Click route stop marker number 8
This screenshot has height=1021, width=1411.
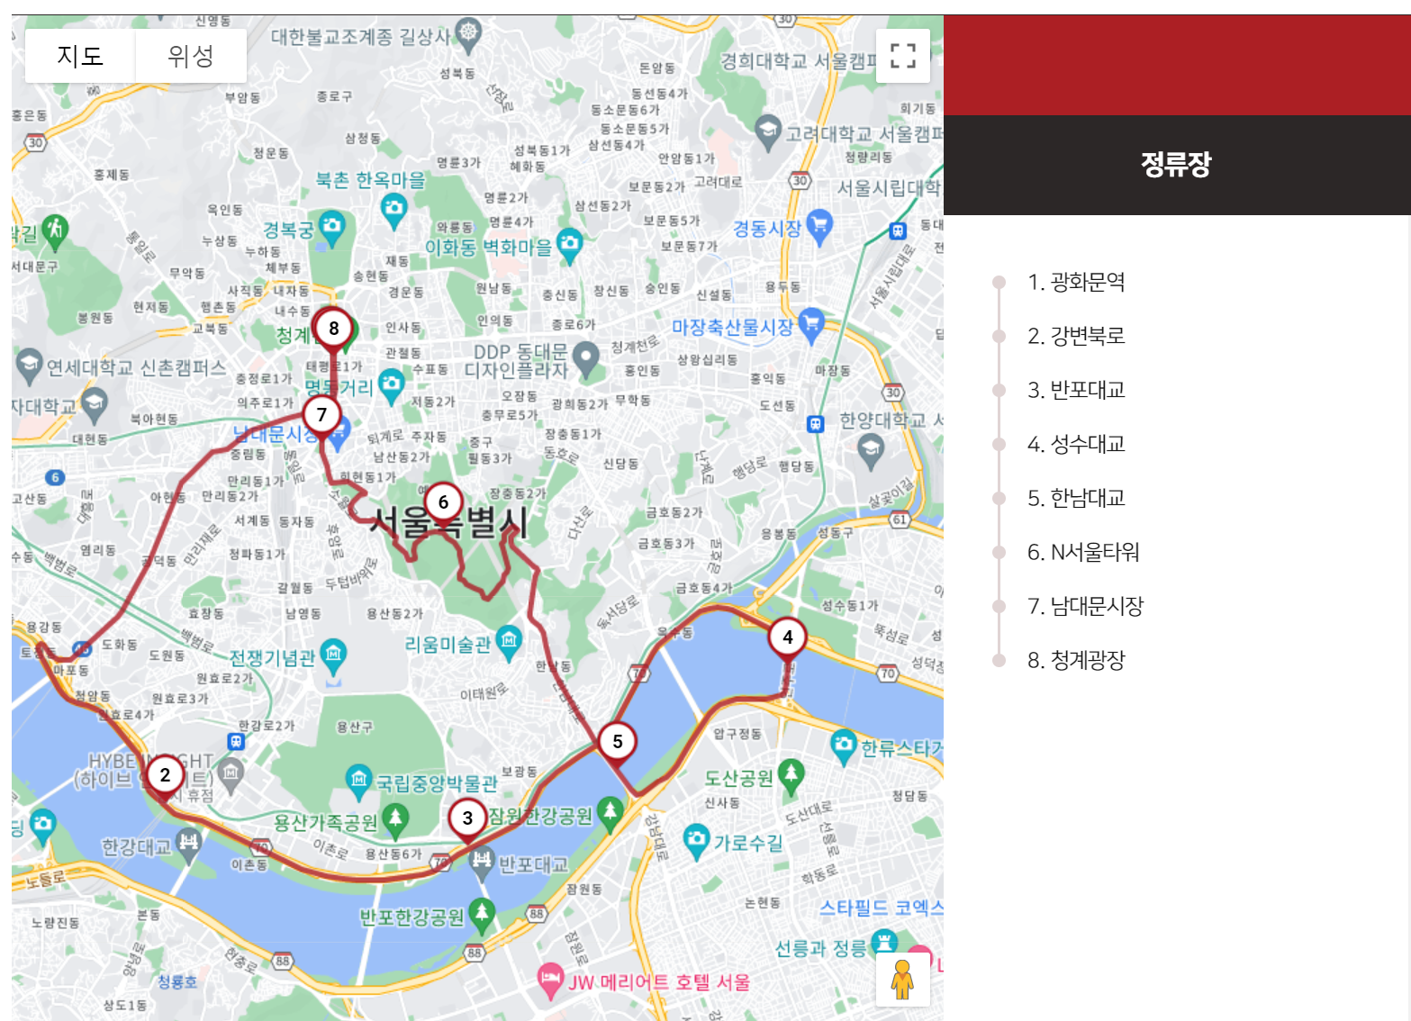click(334, 329)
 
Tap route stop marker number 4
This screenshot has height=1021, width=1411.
click(788, 637)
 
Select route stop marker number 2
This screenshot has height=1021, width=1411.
click(165, 775)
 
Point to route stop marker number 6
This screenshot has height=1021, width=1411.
click(443, 502)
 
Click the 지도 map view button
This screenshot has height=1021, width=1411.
click(80, 56)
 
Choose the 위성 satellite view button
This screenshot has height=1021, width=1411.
click(191, 56)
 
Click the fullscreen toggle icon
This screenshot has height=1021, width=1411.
click(902, 56)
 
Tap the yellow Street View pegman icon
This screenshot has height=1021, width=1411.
click(902, 980)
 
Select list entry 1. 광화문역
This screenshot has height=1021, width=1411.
click(1076, 283)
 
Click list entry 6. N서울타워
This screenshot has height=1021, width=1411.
click(1083, 553)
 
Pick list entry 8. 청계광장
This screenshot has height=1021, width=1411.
click(1076, 661)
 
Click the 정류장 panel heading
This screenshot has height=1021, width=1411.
click(1176, 164)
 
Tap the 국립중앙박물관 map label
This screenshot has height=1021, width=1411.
click(437, 783)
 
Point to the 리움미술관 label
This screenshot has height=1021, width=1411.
click(448, 645)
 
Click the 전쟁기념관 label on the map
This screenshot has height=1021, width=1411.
click(272, 657)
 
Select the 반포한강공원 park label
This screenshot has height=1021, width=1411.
click(412, 917)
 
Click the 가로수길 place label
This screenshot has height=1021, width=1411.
click(747, 843)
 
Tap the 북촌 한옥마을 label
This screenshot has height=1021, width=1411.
click(370, 180)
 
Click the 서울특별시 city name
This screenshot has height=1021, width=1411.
click(448, 522)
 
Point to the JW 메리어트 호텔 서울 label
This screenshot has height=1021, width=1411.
click(658, 982)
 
